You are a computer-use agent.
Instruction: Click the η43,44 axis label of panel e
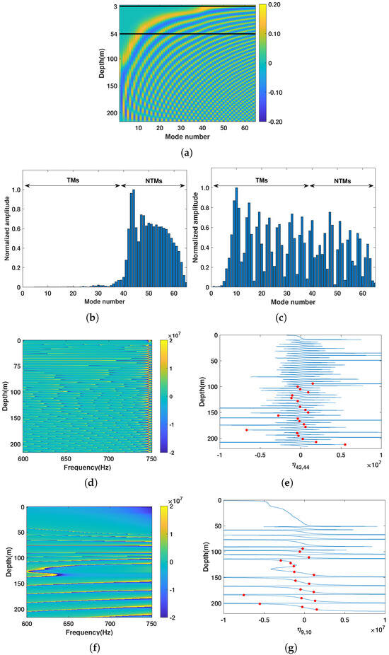(301, 468)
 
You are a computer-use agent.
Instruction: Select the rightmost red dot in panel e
(345, 444)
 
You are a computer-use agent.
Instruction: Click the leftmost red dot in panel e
(246, 430)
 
